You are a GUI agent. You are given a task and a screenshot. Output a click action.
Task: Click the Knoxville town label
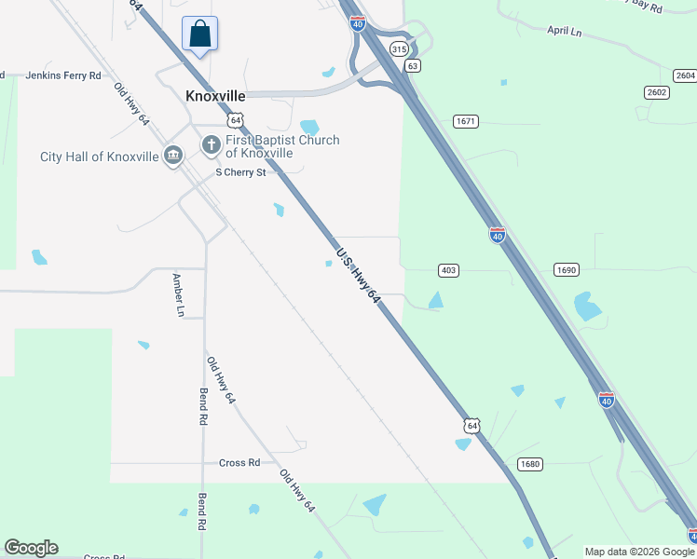215,97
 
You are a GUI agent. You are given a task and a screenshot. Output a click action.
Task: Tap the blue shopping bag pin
199,35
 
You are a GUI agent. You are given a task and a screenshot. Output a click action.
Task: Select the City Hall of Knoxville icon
172,156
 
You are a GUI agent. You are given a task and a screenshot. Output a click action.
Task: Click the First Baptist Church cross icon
211,145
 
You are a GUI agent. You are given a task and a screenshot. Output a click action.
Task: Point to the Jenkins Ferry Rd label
62,75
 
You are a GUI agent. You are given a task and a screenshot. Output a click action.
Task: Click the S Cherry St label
240,172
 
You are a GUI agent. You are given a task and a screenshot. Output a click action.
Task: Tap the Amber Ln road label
177,295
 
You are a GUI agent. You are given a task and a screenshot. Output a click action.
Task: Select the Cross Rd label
239,463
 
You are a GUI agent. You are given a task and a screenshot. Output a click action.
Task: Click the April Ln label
565,31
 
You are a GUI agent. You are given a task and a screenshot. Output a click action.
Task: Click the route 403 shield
448,270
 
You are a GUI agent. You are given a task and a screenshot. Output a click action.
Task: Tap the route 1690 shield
566,270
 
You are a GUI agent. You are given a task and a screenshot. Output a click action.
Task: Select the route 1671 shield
466,121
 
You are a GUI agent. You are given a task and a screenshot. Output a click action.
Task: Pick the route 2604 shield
685,75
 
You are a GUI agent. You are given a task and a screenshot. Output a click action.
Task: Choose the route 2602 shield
656,91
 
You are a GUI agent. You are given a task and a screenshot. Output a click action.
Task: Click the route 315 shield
399,48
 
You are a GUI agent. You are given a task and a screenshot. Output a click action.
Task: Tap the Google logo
31,548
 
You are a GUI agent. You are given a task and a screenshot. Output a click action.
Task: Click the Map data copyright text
639,552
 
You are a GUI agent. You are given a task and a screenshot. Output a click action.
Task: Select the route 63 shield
413,65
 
